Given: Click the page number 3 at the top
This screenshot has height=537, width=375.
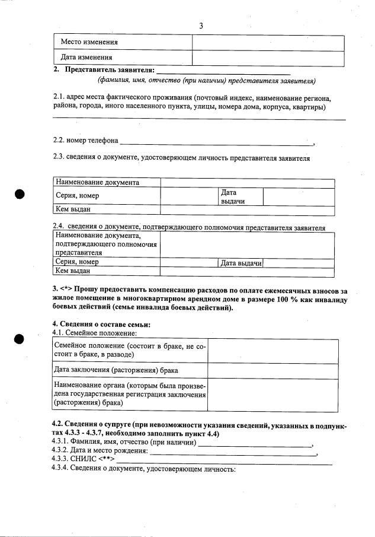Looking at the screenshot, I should tap(201, 26).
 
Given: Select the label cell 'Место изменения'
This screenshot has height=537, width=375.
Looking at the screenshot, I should tap(89, 43).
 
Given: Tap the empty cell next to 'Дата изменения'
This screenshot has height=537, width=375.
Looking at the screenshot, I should tap(268, 58).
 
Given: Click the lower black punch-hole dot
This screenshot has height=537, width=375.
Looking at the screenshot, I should tap(20, 339).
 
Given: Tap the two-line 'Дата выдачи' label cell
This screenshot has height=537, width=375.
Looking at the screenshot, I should tap(233, 196).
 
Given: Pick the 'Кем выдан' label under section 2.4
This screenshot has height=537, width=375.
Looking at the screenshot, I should tap(73, 271).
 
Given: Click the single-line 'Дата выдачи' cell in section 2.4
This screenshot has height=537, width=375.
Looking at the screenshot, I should tap(241, 263).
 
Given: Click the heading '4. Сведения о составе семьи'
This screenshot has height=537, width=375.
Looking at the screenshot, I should tap(101, 324).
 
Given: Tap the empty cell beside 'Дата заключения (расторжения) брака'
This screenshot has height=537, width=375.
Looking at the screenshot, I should tap(273, 371).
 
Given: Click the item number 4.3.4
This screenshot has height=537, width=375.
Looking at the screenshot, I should tap(60, 469).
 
